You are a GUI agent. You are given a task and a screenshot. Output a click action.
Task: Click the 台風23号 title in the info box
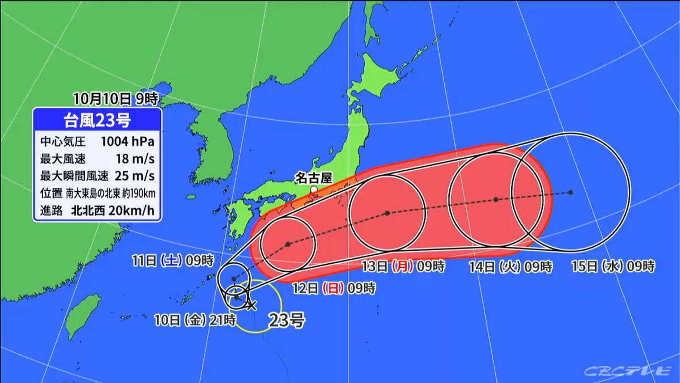click(x=97, y=121)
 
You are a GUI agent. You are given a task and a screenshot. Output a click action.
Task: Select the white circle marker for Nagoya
click(x=314, y=190)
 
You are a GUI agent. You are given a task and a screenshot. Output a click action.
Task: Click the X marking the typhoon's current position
click(x=252, y=305)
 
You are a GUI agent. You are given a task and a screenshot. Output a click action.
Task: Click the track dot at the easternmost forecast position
click(x=571, y=192)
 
